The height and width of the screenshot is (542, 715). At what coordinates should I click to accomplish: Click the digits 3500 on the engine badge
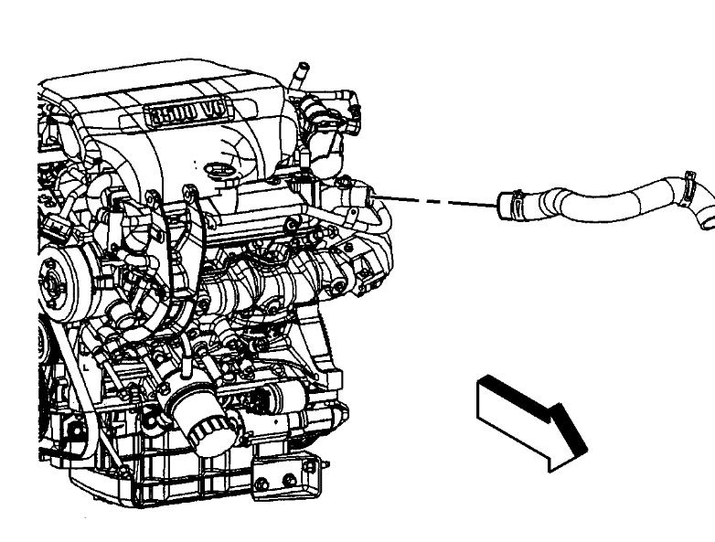(x=174, y=113)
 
